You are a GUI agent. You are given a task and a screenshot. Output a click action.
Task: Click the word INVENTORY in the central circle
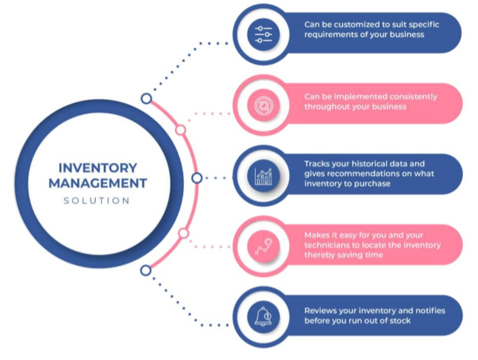coord(97,168)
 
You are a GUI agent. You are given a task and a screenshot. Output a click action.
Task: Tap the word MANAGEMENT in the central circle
coord(97,183)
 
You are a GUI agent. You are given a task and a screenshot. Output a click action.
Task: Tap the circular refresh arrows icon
coord(264,105)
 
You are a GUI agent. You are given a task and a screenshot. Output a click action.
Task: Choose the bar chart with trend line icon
coord(264,177)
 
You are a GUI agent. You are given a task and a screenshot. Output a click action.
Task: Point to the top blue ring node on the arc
coord(146,98)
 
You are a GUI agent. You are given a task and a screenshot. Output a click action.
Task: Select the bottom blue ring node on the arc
coord(146,270)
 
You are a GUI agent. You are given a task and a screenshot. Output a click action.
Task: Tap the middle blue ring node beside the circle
coord(197,178)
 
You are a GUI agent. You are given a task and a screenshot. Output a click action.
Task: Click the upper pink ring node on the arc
coord(181,130)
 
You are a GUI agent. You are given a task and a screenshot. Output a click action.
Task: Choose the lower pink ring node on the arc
coord(184,233)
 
